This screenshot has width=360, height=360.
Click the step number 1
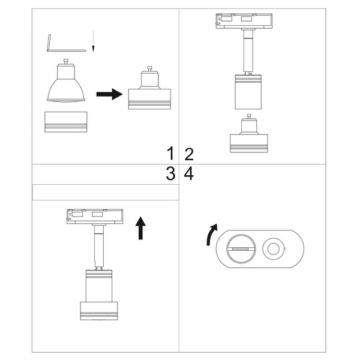[171, 154]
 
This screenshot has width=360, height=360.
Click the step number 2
[189, 154]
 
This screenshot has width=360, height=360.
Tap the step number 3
[171, 174]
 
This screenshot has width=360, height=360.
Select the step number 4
[189, 174]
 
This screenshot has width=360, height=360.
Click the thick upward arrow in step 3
[140, 229]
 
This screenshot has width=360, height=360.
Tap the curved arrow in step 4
[211, 235]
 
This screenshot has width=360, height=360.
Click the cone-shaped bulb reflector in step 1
[67, 86]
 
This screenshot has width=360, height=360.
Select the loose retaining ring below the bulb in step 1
[67, 122]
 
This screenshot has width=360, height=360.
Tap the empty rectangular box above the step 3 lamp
[105, 192]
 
